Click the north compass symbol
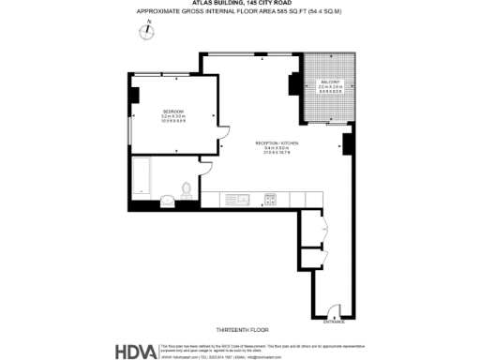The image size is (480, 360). pyautogui.click(x=147, y=31)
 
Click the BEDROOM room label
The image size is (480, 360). pyautogui.click(x=172, y=111)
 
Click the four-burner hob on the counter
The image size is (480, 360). pyautogui.click(x=270, y=198)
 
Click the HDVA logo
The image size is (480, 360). pyautogui.click(x=135, y=351)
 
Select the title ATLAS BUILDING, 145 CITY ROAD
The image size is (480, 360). pyautogui.click(x=240, y=4)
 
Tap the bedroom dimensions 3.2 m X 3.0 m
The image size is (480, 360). pyautogui.click(x=172, y=116)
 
